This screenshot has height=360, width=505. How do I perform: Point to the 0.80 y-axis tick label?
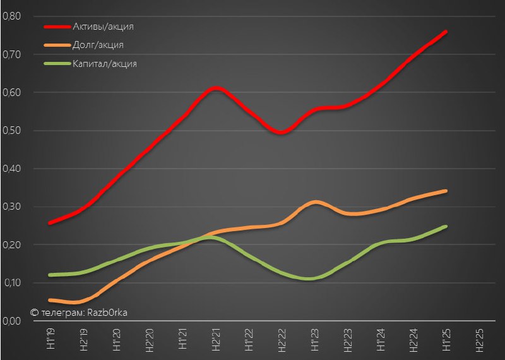(x=11, y=16)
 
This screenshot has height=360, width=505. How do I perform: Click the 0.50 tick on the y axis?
(x=11, y=131)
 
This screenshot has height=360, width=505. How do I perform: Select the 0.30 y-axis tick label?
(x=11, y=207)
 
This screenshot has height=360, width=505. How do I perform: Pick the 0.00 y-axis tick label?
(x=11, y=321)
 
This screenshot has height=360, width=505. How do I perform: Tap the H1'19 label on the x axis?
(x=51, y=339)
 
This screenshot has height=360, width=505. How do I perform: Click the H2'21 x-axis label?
(x=215, y=339)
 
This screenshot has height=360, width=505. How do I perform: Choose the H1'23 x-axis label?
(x=314, y=339)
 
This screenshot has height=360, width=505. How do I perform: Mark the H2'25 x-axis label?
(x=478, y=339)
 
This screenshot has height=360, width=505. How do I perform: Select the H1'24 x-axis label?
(x=380, y=339)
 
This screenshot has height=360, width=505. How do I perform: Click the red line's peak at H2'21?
(x=215, y=88)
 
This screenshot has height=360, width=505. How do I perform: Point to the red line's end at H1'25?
(x=446, y=32)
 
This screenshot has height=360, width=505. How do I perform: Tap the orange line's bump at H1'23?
(x=314, y=202)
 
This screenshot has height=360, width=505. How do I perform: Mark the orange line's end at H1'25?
(x=446, y=191)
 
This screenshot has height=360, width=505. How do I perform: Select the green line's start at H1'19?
(x=50, y=275)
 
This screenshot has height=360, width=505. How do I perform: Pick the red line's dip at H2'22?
(x=282, y=133)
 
